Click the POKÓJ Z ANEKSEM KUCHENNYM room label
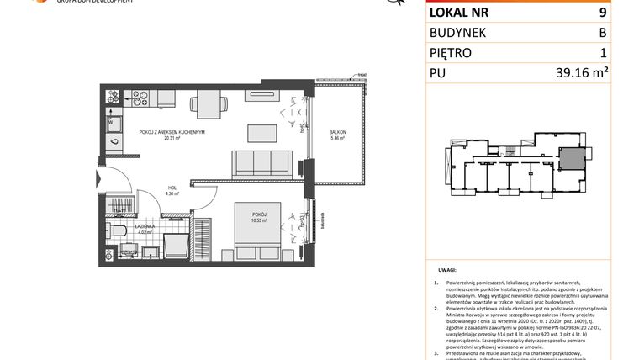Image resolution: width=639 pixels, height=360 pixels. [172, 133]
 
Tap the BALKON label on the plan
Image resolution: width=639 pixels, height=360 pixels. [337, 133]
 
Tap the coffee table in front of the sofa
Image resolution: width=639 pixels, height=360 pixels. [261, 133]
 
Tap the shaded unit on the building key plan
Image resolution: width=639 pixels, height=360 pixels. [573, 157]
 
